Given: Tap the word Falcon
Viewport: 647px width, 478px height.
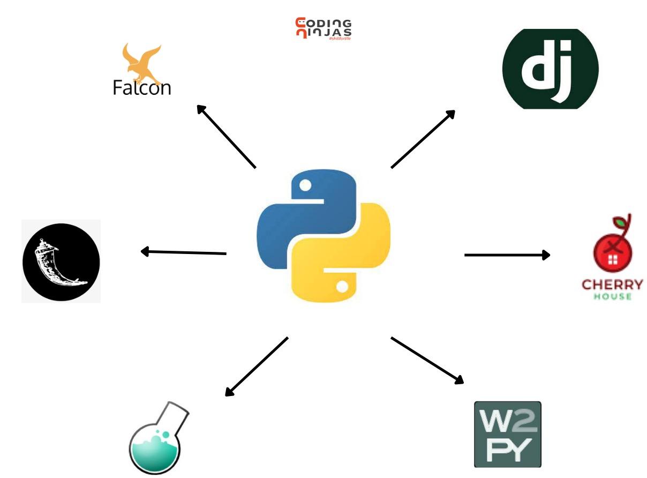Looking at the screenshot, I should point(141,87).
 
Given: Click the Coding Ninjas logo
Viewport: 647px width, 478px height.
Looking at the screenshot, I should point(323,28).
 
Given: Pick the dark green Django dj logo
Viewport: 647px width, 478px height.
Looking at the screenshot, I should point(550,69).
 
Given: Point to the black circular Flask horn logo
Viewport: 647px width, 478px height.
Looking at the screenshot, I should point(61,262).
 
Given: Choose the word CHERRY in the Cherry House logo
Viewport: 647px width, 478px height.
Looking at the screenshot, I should point(612,284).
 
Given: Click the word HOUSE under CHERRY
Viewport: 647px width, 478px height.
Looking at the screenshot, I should point(612,296).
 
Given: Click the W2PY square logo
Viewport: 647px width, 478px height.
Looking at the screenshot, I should point(507,434).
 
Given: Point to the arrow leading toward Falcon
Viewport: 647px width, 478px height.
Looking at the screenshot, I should point(226,136).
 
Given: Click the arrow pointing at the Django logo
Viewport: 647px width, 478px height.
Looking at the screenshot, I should point(423,139).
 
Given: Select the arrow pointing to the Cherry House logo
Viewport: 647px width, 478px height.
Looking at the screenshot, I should point(507,255).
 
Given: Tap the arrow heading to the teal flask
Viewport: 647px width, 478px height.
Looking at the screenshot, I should point(257,367).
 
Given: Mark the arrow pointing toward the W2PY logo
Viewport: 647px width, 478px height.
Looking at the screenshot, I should point(427,360).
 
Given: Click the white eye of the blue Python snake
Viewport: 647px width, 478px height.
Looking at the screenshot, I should point(305,186).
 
